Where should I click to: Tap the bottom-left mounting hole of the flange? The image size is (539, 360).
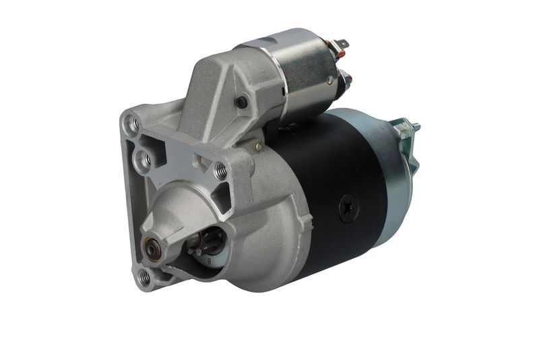143,275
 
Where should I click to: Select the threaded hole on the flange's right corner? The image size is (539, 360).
221,171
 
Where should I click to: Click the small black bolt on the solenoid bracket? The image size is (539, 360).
241,102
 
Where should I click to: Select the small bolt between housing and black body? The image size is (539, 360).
257,145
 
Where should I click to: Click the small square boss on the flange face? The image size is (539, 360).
200,162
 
